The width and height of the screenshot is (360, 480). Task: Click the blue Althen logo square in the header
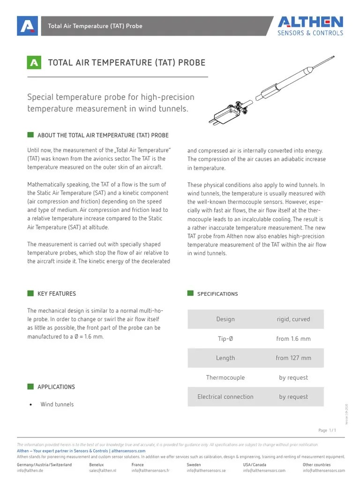point(27,26)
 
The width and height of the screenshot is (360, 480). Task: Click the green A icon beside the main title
point(34,63)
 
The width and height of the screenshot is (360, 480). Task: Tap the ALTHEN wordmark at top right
point(310,22)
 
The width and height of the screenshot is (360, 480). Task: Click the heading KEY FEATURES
point(56,294)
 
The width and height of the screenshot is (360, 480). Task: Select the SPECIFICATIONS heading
point(217,294)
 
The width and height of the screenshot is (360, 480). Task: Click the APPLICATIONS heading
point(56,387)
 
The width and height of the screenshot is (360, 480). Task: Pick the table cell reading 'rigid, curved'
point(293,319)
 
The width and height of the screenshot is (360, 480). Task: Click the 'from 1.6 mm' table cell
point(293,339)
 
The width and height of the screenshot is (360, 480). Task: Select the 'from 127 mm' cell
point(293,358)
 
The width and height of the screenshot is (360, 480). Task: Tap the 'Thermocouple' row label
point(225,378)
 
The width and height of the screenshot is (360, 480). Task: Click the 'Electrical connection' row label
point(225,397)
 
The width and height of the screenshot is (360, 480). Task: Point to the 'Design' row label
point(225,319)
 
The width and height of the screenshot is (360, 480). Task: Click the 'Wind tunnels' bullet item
point(57,405)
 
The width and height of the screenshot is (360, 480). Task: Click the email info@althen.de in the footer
point(30,471)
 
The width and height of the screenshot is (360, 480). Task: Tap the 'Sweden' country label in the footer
point(194,465)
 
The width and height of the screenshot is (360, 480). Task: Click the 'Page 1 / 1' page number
point(327,430)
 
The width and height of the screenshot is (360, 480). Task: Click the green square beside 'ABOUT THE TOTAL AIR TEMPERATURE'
point(30,135)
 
